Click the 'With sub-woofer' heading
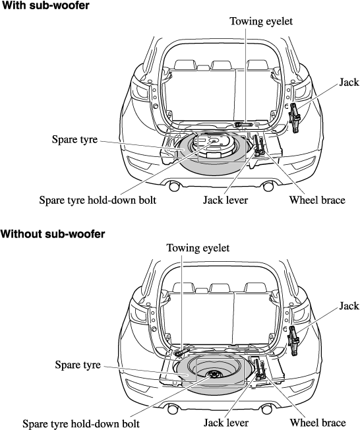point(45,5)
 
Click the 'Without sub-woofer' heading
point(53,234)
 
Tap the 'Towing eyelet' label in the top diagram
point(261,21)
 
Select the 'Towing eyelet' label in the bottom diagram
point(198,248)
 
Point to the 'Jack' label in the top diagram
point(349,82)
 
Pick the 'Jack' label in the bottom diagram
point(349,305)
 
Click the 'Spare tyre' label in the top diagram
point(75,139)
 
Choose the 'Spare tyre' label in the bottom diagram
point(78,365)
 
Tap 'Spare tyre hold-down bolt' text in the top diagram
point(98,200)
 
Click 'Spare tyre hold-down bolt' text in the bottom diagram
point(81,423)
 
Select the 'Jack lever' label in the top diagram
point(225,200)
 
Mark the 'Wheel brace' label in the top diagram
point(317,200)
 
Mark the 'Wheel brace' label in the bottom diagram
point(318,423)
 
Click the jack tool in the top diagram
point(295,118)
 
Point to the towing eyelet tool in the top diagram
point(243,125)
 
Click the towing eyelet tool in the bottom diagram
point(181,353)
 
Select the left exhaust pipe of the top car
point(174,187)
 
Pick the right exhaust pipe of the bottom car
point(266,410)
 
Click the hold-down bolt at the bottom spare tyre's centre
point(213,374)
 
